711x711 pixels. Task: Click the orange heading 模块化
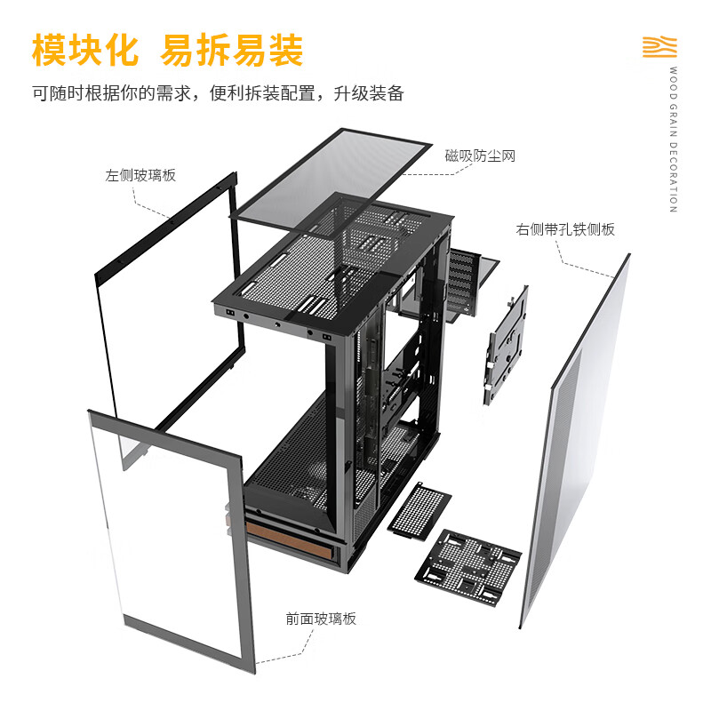(x=84, y=50)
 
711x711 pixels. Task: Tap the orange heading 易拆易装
(x=231, y=50)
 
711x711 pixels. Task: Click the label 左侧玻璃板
(x=140, y=175)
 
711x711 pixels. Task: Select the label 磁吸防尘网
(x=480, y=156)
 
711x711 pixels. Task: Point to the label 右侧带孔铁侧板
(x=565, y=229)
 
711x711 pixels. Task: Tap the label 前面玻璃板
(x=321, y=619)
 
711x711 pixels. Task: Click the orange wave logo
(x=659, y=47)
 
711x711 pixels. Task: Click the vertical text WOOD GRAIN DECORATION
(x=674, y=140)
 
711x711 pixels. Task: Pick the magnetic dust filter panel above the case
(x=331, y=181)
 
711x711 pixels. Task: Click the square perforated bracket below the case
(x=468, y=567)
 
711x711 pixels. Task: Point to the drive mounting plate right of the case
(x=506, y=345)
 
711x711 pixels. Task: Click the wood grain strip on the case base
(x=291, y=540)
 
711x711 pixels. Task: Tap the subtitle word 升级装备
(x=369, y=93)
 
